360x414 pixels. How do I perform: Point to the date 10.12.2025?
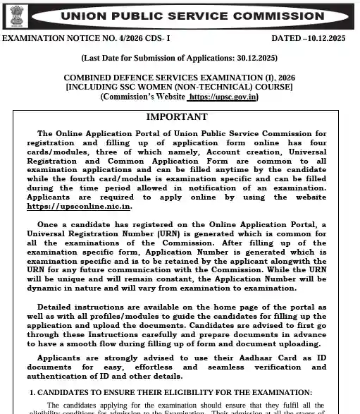pyautogui.click(x=333, y=37)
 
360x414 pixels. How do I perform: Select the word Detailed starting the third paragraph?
pyautogui.click(x=58, y=308)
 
